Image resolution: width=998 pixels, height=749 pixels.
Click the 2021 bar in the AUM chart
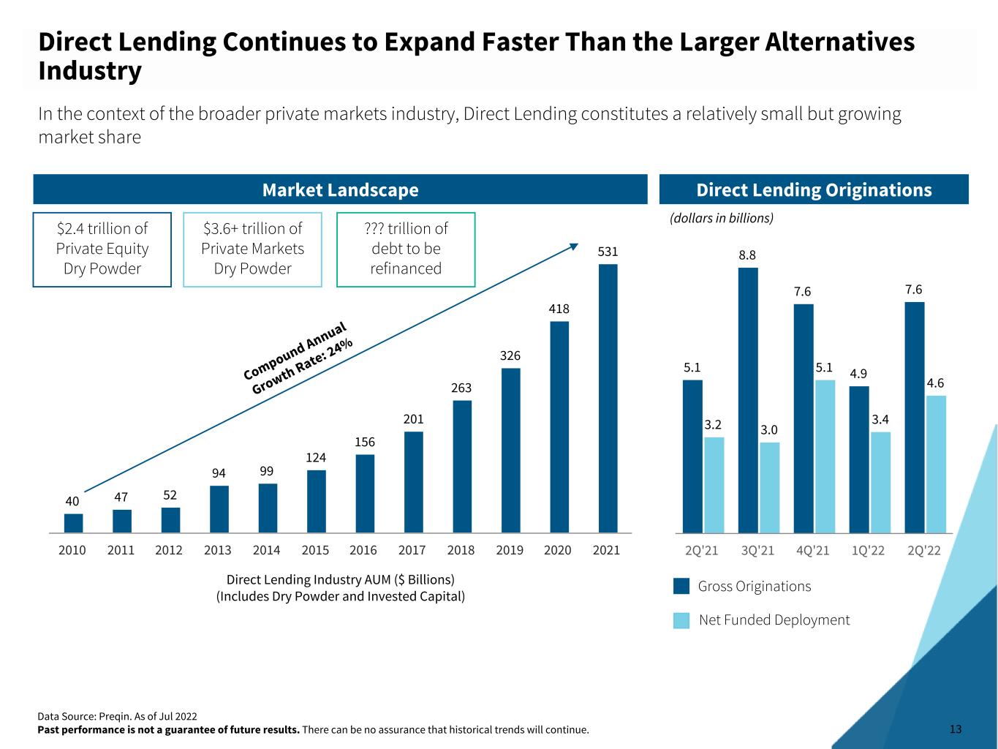608,398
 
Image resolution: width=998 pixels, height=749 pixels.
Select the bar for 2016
365,494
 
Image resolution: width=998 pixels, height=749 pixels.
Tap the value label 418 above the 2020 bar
559,309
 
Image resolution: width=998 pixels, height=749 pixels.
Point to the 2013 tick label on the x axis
218,550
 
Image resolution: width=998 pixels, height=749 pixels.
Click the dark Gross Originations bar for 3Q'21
748,400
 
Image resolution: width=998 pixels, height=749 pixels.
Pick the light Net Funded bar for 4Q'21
825,456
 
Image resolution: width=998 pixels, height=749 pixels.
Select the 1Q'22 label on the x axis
868,551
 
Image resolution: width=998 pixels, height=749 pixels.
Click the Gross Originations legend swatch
681,587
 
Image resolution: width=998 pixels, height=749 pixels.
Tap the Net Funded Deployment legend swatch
681,620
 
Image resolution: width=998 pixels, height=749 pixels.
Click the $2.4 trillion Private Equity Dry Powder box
102,249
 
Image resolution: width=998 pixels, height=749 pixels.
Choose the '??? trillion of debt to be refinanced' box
406,249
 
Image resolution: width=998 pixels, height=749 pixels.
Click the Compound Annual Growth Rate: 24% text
298,358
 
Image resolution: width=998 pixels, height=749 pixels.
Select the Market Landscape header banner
340,189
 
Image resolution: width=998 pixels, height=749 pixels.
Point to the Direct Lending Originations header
814,189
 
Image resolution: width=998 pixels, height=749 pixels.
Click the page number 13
956,729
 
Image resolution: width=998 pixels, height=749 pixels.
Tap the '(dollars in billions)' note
722,218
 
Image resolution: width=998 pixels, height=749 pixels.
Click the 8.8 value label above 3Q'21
747,255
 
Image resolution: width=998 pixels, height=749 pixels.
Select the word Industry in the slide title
90,72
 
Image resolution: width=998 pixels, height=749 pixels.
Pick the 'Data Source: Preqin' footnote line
117,716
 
